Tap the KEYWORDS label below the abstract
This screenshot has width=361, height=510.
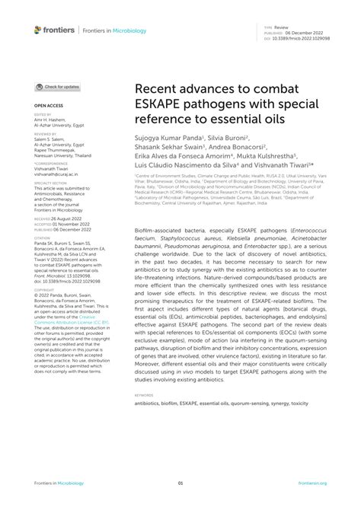[143, 396]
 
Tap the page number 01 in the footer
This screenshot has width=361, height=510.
[180, 483]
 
